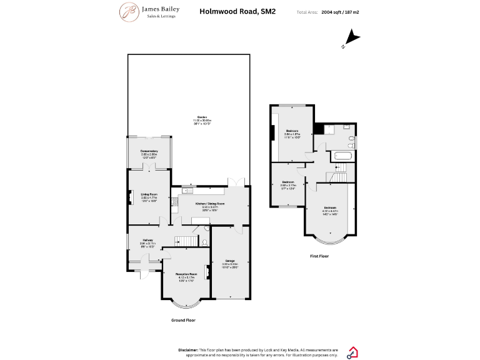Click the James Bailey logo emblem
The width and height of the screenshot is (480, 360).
(x=129, y=12)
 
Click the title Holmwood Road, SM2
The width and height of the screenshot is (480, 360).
(x=229, y=11)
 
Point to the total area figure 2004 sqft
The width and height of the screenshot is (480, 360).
(x=331, y=12)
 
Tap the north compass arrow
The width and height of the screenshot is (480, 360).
(x=352, y=39)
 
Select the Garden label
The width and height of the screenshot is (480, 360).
(x=202, y=117)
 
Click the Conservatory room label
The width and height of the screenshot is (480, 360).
(x=149, y=151)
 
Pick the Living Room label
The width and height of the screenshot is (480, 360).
(x=149, y=195)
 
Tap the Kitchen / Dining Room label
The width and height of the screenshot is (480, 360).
(x=209, y=204)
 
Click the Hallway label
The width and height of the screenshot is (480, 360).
(x=147, y=240)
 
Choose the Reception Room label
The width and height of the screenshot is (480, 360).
(x=186, y=274)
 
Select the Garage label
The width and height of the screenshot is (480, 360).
(x=230, y=261)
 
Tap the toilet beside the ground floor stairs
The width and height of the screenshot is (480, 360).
(x=205, y=242)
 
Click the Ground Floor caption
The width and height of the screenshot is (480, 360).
(x=183, y=320)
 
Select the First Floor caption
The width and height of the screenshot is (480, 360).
(x=319, y=256)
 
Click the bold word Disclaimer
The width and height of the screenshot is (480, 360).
(x=188, y=349)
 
